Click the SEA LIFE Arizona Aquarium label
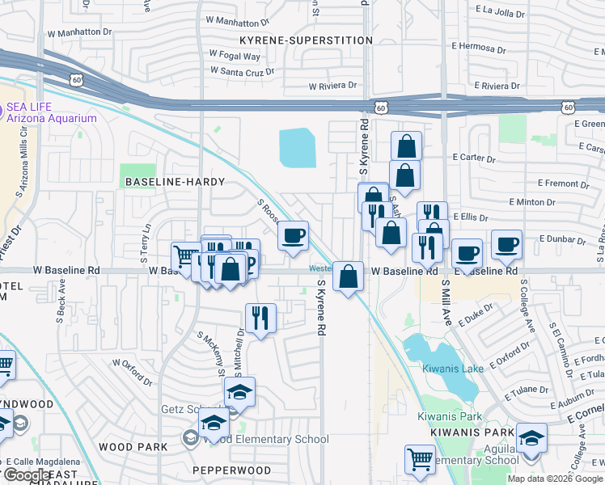tap(51, 112)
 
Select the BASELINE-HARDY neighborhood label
tap(175, 182)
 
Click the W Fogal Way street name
tap(235, 56)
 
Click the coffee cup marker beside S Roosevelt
tap(293, 236)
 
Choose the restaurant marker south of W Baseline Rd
tap(260, 317)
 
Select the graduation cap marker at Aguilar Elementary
tap(531, 438)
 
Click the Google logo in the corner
tap(27, 475)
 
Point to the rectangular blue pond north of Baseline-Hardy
tap(297, 148)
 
